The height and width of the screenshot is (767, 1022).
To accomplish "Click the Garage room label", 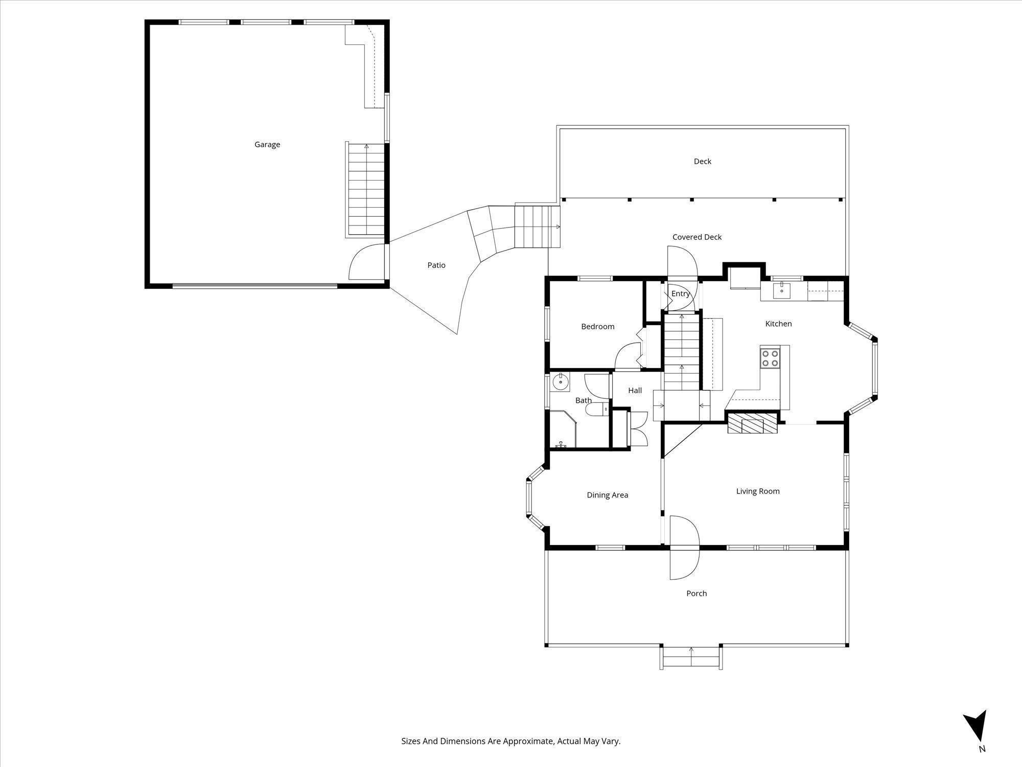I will point(267,145).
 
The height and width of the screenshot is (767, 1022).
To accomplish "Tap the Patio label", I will point(436,265).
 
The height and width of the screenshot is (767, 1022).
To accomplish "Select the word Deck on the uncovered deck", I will point(702,162).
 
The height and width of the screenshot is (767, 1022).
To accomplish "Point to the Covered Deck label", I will point(697,237).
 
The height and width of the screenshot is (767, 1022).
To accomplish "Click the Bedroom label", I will point(597,327).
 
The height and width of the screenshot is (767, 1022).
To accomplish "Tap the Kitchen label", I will point(778,324).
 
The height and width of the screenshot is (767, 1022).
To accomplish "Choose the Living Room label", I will point(757,491).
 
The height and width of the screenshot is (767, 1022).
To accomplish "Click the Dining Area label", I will point(607,495).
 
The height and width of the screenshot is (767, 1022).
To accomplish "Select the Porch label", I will point(696,594).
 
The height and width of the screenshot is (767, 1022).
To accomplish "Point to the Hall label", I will point(635,391).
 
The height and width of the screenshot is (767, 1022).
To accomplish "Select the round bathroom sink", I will point(560,382).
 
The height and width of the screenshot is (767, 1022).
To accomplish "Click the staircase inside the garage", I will point(366,189).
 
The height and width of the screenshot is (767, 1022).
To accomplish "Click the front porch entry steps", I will point(691,658).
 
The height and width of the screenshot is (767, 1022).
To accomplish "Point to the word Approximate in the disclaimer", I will point(528,741).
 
